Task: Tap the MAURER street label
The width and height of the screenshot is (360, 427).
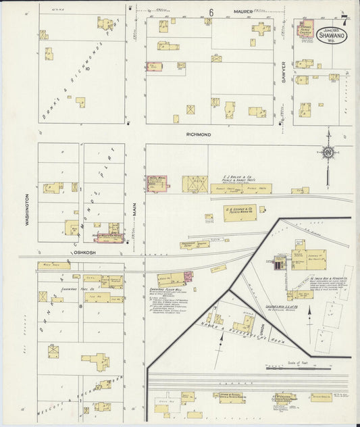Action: [243, 11]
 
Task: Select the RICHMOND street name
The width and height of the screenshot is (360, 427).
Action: [199, 135]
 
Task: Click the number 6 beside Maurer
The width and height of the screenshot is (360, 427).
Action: [211, 12]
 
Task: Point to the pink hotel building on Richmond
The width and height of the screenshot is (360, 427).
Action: [158, 183]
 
